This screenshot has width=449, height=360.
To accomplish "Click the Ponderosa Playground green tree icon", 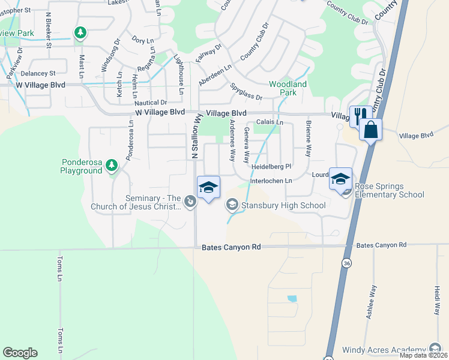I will tap(111, 164).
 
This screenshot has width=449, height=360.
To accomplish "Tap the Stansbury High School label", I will tap(283, 205).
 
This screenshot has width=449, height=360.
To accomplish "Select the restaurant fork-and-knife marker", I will tap(358, 115).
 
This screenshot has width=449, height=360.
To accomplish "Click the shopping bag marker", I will tap(371, 129).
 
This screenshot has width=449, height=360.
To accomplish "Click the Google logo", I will tap(20, 353).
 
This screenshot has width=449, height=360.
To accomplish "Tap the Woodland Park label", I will tap(283, 88).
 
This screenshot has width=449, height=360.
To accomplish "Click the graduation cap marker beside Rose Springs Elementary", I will tap(340, 178).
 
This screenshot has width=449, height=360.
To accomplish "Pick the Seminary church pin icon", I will tap(190, 202).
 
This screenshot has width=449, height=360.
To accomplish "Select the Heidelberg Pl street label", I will tap(271, 166).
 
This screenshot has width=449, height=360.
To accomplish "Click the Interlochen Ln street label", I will tap(271, 181).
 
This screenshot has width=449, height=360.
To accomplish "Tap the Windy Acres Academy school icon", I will tap(435, 349).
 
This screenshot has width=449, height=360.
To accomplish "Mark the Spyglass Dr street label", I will tap(247, 92).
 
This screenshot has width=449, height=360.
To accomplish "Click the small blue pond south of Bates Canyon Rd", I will tap(292, 298).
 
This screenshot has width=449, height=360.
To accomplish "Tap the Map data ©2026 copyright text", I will tap(423, 355).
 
